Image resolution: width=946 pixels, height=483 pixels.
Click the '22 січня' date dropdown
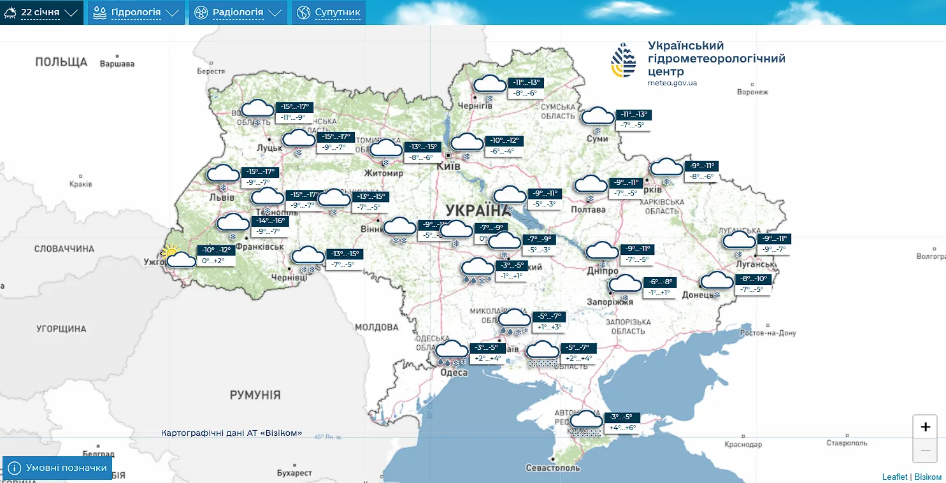[x=41, y=12]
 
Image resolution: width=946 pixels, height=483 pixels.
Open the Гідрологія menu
[x=136, y=12]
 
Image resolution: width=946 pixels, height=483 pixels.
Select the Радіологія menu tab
[x=238, y=12]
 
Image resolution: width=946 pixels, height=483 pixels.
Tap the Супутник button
[x=329, y=12]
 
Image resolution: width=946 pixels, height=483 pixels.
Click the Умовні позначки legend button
[x=57, y=468]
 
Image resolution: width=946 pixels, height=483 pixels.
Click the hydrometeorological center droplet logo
[x=624, y=61]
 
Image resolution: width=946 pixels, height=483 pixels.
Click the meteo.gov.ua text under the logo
[x=672, y=83]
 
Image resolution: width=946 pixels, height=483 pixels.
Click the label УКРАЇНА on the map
[x=475, y=210]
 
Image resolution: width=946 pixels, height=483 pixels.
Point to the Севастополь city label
[x=553, y=468]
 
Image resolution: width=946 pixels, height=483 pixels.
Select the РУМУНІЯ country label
[x=255, y=395]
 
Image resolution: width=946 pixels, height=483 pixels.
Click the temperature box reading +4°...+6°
[x=622, y=428]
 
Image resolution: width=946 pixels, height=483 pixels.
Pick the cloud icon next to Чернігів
[x=489, y=84]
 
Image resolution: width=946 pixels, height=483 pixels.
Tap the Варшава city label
[x=117, y=64]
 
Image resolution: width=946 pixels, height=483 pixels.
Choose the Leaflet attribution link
[x=894, y=477]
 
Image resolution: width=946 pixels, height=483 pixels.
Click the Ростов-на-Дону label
[x=768, y=333]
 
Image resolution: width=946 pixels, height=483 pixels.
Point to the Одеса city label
[x=455, y=372]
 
